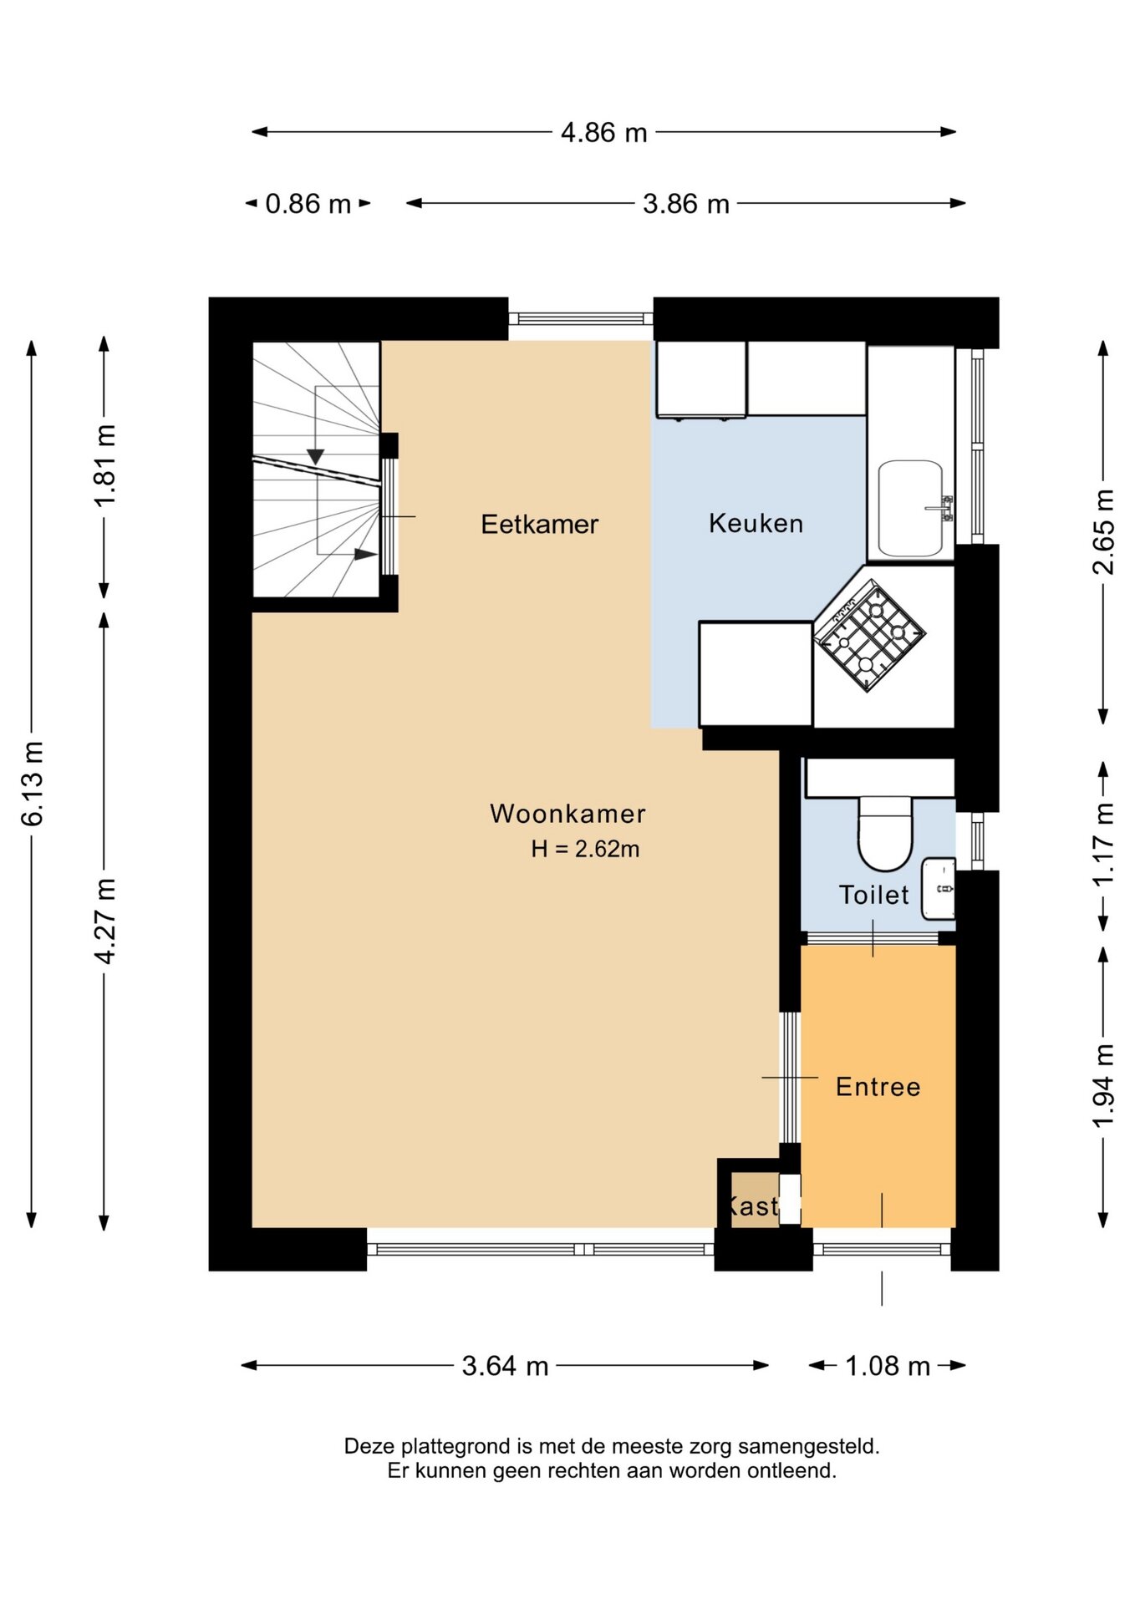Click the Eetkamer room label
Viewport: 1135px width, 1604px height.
tap(540, 524)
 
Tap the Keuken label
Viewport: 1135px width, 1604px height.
tap(756, 523)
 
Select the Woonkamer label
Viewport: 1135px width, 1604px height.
tap(568, 813)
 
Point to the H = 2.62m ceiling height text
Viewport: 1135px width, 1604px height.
tap(585, 849)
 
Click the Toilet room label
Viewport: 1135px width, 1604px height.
tap(874, 895)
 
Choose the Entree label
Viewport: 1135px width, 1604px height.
tap(878, 1086)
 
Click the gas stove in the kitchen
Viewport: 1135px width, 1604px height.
tap(870, 637)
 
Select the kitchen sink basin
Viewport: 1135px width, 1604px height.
tap(911, 508)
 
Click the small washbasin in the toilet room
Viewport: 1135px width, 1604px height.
tap(939, 889)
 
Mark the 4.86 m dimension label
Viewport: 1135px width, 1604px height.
tap(604, 132)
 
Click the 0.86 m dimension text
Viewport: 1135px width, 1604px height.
tap(308, 204)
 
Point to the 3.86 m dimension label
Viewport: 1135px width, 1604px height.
tap(686, 204)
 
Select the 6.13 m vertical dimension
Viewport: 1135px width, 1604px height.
tap(32, 784)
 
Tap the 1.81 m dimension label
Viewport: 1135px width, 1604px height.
tap(104, 465)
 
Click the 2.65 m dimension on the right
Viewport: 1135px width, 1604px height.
tap(1103, 532)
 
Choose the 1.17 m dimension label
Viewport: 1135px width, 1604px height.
tap(1103, 845)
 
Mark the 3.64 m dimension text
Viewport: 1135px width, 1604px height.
tap(506, 1366)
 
